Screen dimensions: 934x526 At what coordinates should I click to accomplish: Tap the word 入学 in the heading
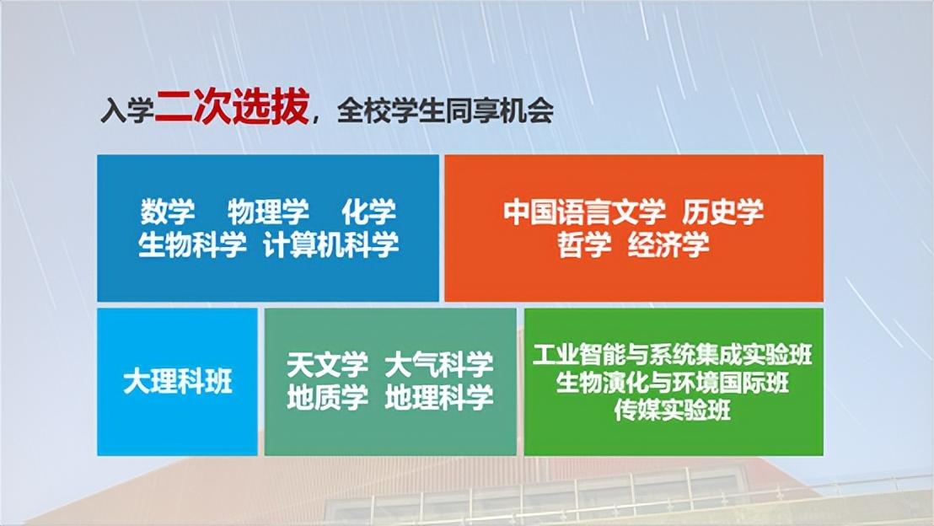point(127,110)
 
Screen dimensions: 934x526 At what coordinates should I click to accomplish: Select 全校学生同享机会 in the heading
point(445,110)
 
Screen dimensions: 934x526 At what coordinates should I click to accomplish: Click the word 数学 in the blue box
point(168,211)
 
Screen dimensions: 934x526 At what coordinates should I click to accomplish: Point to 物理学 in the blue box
point(268,211)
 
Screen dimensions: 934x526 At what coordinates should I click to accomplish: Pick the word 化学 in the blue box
point(368,211)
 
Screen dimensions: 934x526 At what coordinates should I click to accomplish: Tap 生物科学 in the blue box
point(192,244)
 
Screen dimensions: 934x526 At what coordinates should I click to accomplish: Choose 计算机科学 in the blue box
point(330,244)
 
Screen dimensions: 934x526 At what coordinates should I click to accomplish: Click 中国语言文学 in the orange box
point(583,212)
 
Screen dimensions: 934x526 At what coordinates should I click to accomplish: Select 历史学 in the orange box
point(722,212)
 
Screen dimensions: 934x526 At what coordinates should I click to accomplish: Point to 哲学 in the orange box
point(584,244)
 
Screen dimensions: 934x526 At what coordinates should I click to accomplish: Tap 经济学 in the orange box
point(668,244)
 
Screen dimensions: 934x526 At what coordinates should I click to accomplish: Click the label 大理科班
point(178,381)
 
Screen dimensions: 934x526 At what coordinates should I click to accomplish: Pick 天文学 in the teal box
point(327,364)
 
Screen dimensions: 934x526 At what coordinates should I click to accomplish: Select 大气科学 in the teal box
point(439,364)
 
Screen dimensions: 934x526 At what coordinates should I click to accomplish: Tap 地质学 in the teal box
point(327,397)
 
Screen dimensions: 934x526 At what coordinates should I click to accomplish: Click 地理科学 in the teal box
point(439,397)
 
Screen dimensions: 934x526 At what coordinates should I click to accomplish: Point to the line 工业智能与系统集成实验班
point(673,354)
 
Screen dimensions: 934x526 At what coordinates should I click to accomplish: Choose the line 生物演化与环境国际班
point(673,383)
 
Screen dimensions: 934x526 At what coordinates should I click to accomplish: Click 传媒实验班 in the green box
point(673,411)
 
